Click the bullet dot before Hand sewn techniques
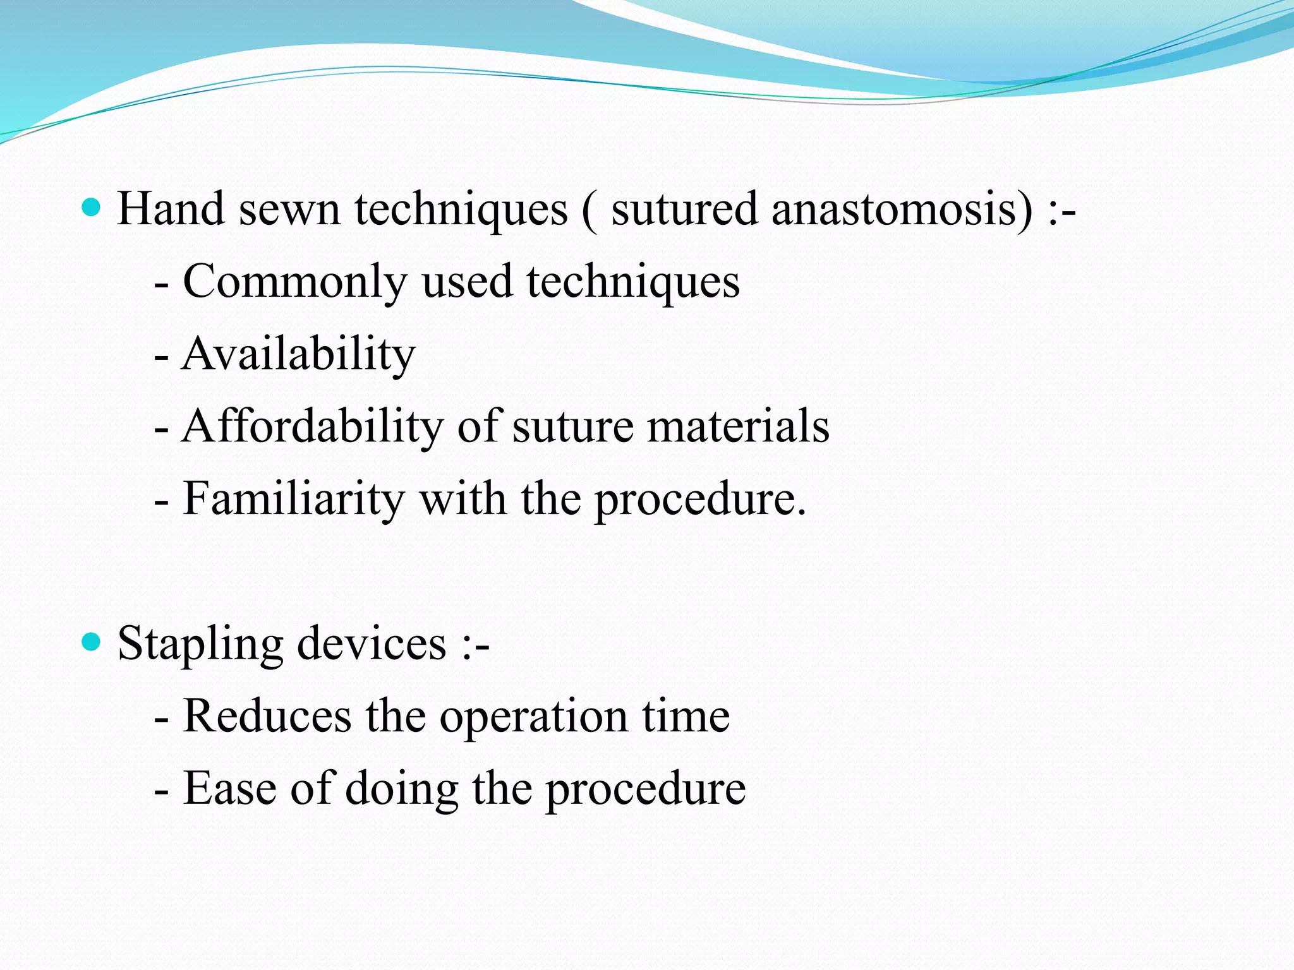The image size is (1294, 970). pyautogui.click(x=92, y=207)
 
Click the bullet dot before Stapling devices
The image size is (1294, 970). pyautogui.click(x=92, y=643)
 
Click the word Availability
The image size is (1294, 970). pyautogui.click(x=299, y=354)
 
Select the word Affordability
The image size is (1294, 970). pyautogui.click(x=312, y=426)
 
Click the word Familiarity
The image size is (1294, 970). pyautogui.click(x=293, y=500)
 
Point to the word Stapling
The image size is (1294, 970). pyautogui.click(x=200, y=645)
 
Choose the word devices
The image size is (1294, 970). pyautogui.click(x=372, y=644)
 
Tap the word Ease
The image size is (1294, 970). pyautogui.click(x=229, y=789)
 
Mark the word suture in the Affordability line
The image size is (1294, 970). pyautogui.click(x=572, y=427)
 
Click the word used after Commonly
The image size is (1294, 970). pyautogui.click(x=467, y=282)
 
